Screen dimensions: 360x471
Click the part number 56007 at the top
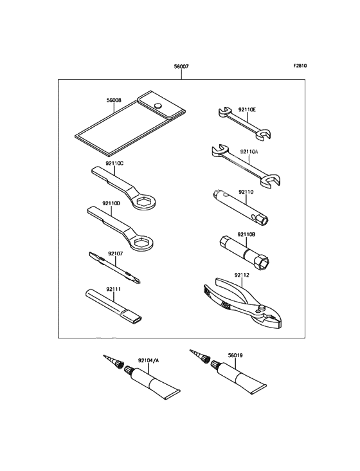[181, 66]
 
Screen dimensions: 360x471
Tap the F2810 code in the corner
[300, 66]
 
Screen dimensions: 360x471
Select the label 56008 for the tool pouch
[114, 100]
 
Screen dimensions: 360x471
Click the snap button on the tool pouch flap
[157, 106]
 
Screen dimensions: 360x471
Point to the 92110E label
[247, 109]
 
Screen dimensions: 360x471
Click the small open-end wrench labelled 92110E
[244, 123]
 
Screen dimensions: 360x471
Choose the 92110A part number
[249, 152]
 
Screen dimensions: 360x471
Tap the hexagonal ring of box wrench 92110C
[145, 201]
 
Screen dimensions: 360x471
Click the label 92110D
[111, 203]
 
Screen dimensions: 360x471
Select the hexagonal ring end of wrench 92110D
[141, 243]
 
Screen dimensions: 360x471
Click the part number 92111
[113, 289]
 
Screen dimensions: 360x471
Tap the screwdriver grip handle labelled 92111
[114, 306]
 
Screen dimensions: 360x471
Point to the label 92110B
[246, 234]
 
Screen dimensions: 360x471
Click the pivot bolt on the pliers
[262, 308]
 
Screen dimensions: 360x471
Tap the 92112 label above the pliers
[242, 275]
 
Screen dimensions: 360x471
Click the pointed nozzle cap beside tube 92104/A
[113, 362]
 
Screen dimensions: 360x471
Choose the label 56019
[235, 355]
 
